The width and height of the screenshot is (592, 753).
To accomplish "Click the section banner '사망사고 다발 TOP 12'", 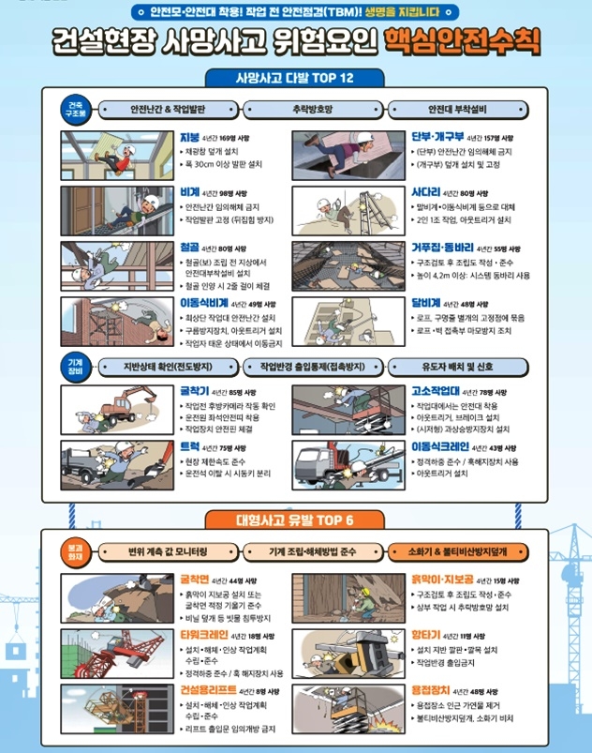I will (295, 77).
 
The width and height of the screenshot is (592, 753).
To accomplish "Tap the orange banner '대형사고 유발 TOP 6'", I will (295, 520).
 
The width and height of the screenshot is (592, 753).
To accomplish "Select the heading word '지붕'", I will (190, 137).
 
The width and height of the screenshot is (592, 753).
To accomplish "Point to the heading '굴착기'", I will (195, 391).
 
